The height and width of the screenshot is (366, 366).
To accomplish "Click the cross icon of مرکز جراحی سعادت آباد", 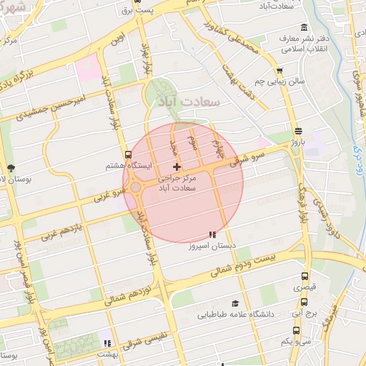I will [177, 167].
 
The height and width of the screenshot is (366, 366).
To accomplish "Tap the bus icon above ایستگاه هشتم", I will [128, 154].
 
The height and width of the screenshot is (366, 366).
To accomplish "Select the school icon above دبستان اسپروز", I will [212, 234].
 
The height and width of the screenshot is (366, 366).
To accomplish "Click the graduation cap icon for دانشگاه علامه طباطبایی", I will [235, 303].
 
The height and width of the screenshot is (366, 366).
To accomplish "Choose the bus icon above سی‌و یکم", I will [296, 330].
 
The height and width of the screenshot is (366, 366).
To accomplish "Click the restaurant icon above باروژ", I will [297, 131].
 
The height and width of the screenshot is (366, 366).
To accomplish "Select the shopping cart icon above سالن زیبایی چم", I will [280, 70].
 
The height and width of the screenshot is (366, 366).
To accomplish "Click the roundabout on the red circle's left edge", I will [134, 188].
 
